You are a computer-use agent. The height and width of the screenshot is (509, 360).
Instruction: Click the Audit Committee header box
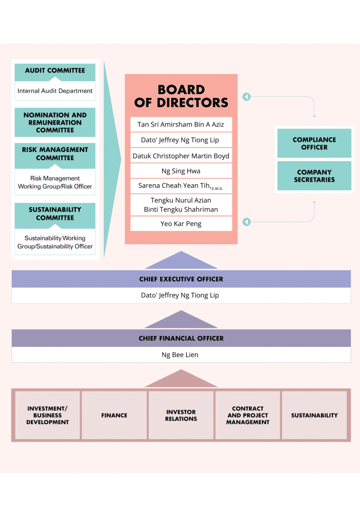pos(55,71)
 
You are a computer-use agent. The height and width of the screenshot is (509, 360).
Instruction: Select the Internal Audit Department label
pos(55,91)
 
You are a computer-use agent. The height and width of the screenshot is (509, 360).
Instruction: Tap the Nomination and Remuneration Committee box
pos(55,122)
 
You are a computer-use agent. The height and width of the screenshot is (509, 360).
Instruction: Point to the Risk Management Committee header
pos(55,154)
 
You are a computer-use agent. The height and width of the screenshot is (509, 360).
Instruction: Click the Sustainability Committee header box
pos(55,214)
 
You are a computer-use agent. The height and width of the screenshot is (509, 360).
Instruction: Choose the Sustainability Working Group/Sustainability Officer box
pos(55,242)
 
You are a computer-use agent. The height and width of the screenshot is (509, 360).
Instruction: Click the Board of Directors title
pos(181,96)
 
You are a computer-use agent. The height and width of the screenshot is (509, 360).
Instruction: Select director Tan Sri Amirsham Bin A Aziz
pos(181,124)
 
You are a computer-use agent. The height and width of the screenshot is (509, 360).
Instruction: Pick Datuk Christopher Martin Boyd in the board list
pos(181,156)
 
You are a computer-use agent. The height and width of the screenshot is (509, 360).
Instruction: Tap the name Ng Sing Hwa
pos(181,171)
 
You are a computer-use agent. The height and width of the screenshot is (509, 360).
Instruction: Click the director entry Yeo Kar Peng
pos(181,224)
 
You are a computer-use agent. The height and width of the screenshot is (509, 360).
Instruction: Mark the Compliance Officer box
pos(314,143)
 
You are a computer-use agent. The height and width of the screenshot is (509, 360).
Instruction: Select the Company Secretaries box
pos(314,176)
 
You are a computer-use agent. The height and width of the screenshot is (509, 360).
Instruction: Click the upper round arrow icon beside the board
pos(247,97)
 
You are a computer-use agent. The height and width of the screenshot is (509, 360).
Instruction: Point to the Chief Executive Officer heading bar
pos(181,279)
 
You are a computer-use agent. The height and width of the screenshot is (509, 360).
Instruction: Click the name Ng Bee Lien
pos(180,355)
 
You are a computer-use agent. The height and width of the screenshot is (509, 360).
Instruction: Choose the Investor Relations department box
pos(181,415)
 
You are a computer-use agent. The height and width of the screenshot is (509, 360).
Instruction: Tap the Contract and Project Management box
pos(247,415)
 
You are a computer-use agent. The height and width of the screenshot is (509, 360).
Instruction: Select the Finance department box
pos(114,415)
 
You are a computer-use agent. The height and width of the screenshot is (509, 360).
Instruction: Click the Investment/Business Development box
pos(47,415)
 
